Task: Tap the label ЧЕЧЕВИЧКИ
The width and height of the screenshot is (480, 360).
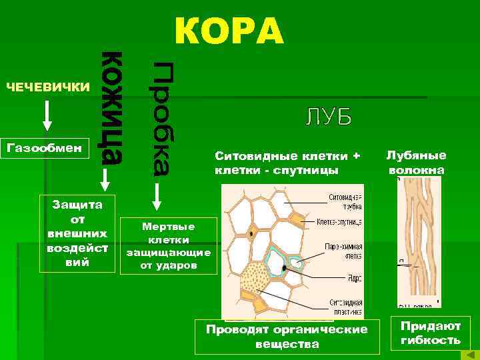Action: (47, 87)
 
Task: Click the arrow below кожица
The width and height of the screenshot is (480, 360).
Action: (104, 179)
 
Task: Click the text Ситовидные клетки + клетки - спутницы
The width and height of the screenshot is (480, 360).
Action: (287, 163)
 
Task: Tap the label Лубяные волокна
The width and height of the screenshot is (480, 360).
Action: (417, 162)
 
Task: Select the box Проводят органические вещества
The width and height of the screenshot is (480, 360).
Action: (287, 337)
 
